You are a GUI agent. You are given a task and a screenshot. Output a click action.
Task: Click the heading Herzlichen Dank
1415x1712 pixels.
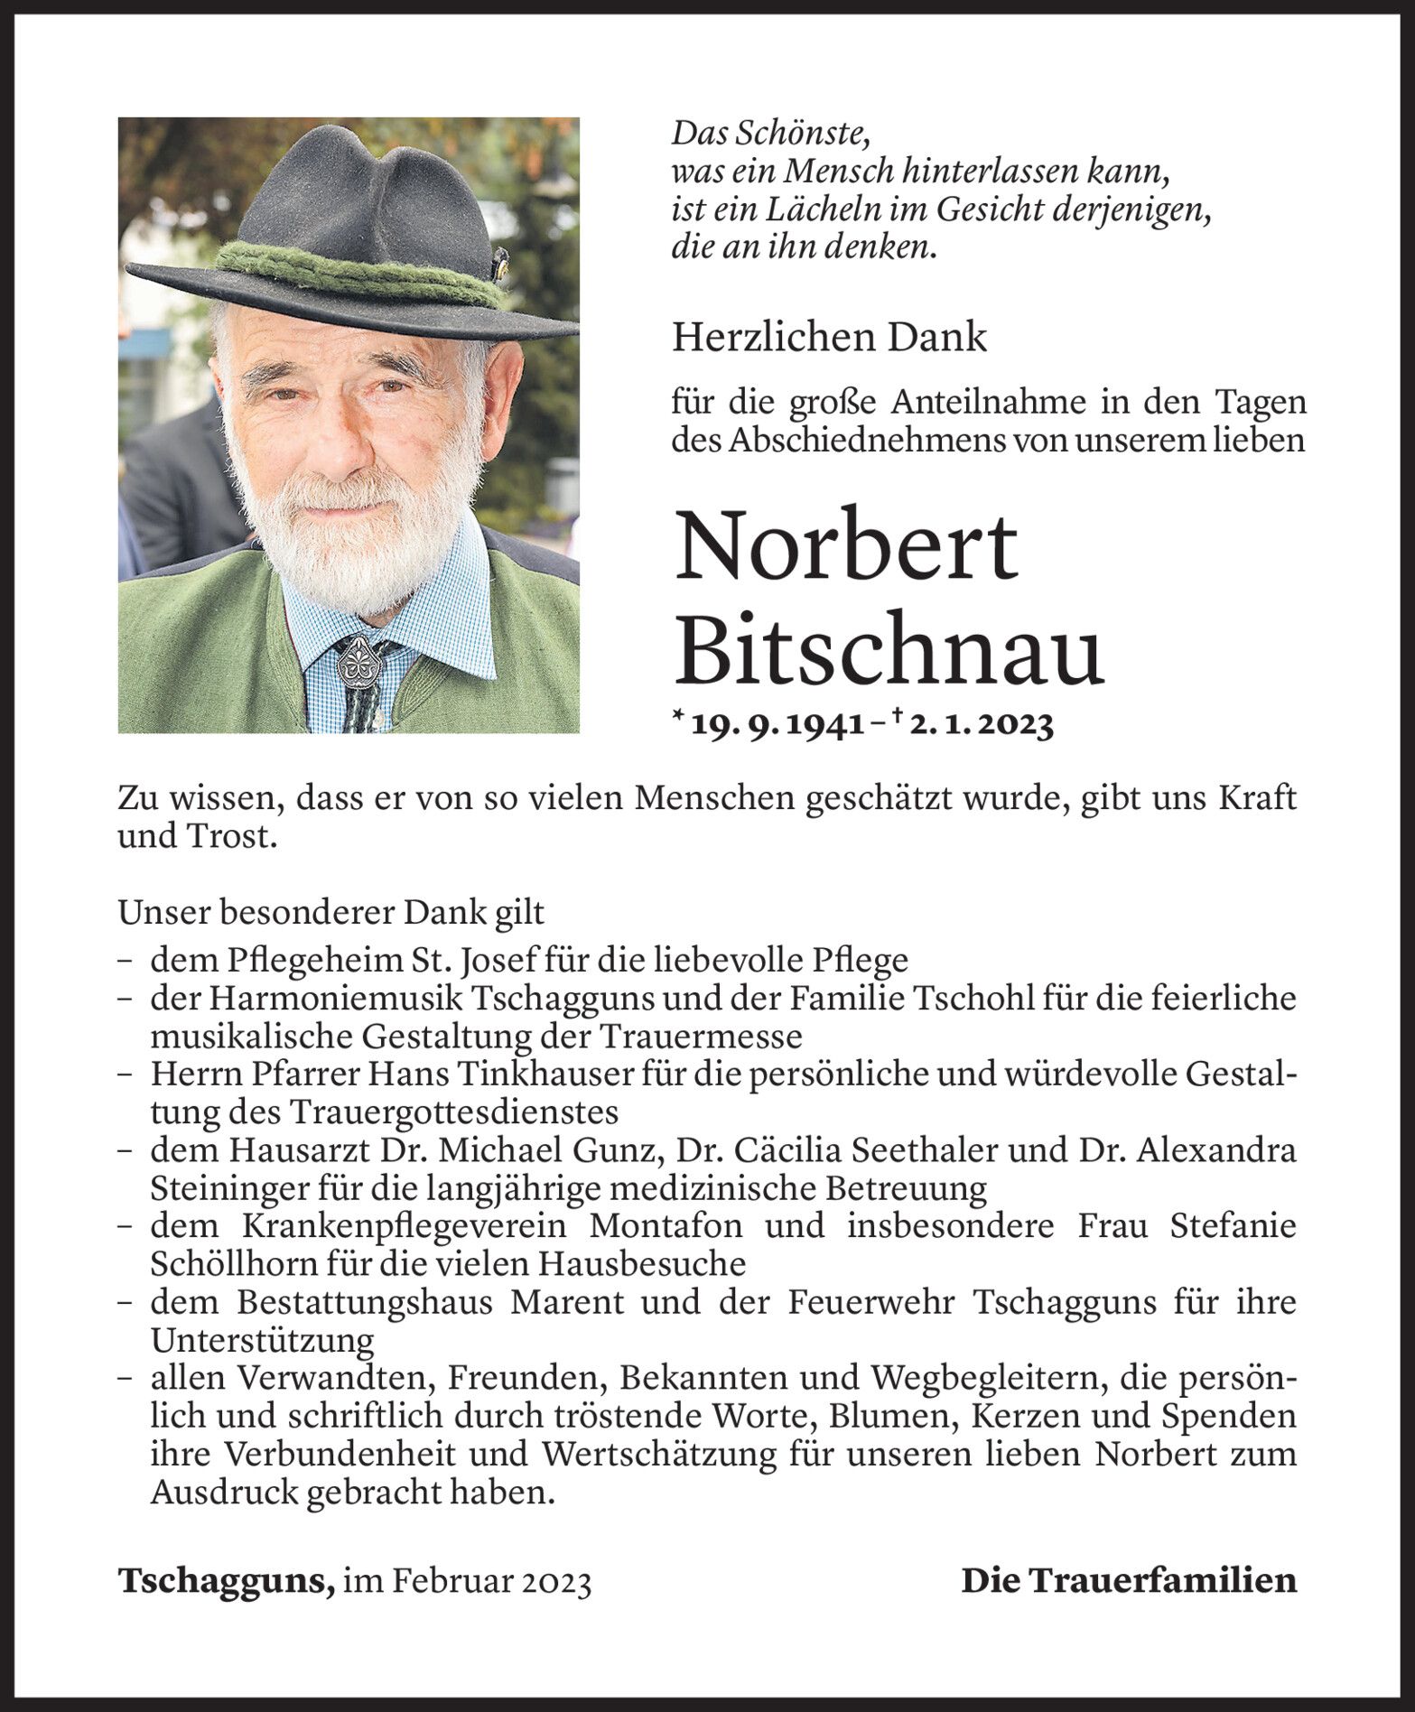click(x=829, y=338)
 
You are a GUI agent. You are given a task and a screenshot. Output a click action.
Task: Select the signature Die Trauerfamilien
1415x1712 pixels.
click(x=1129, y=1579)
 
